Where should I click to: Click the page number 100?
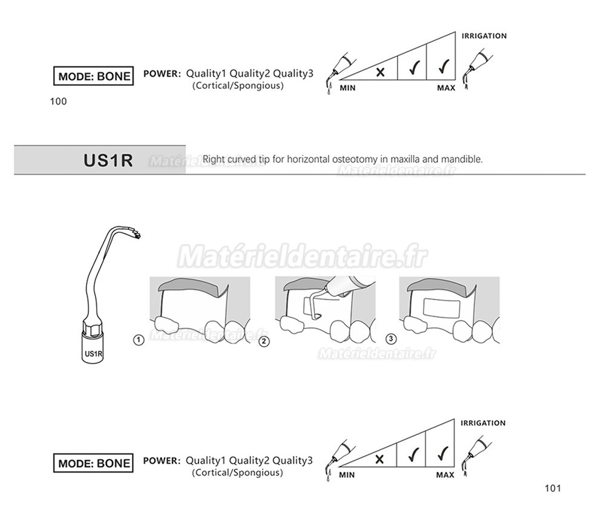[x=58, y=102]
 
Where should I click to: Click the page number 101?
[x=552, y=488]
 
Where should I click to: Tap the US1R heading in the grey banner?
[x=108, y=160]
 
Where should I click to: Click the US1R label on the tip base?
[x=93, y=353]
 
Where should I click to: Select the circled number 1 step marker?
[x=139, y=340]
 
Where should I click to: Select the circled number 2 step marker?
[x=264, y=341]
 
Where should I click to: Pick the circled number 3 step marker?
[x=391, y=339]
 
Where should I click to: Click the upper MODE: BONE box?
[x=93, y=76]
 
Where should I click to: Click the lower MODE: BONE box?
[x=93, y=463]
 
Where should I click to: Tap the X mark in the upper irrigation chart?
[x=380, y=72]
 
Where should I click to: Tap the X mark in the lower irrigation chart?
[x=379, y=459]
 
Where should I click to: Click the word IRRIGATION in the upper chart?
[x=484, y=36]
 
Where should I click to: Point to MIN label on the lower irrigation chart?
[x=347, y=475]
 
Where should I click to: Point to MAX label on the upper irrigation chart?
[x=446, y=88]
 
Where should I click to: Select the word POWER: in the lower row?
[x=162, y=460]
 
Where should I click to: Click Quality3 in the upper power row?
[x=293, y=73]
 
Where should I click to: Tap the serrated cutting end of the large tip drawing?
[x=136, y=233]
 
